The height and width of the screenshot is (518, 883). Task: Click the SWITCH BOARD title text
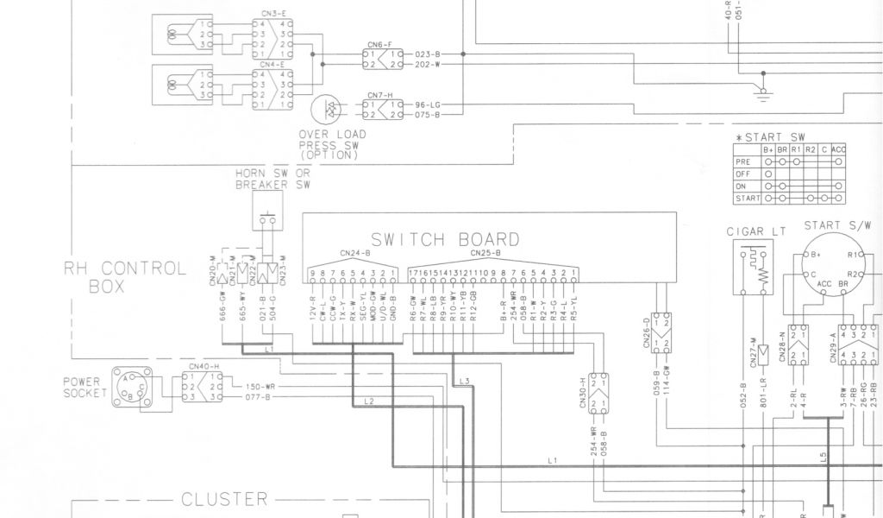(x=445, y=239)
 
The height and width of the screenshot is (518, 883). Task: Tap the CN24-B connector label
(x=355, y=254)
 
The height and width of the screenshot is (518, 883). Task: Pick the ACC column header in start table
(x=840, y=149)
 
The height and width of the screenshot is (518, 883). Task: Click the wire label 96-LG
(x=428, y=104)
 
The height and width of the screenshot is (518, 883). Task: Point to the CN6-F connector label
(x=379, y=43)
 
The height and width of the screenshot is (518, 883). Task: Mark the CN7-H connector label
(x=379, y=95)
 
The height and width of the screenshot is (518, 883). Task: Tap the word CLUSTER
(x=225, y=500)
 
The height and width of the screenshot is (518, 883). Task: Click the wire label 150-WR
(x=260, y=386)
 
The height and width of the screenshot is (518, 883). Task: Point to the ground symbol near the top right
(x=761, y=92)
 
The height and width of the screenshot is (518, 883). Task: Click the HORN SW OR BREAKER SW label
(x=272, y=179)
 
